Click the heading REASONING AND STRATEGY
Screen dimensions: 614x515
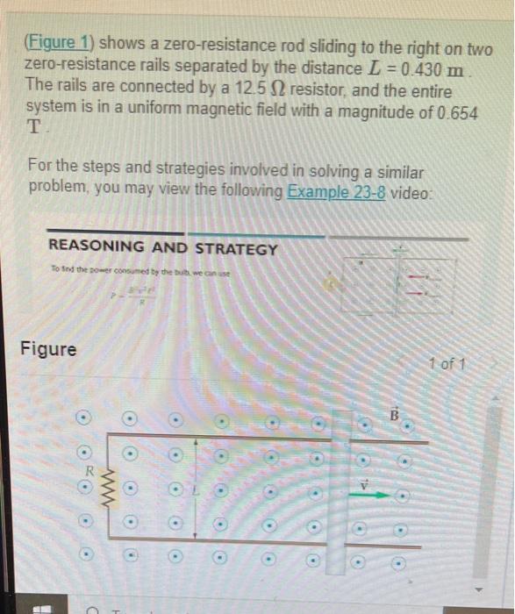point(163,249)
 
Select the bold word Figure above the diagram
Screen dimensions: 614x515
point(48,349)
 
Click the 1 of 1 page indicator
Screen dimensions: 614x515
point(449,364)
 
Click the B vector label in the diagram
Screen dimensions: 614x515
point(394,412)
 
